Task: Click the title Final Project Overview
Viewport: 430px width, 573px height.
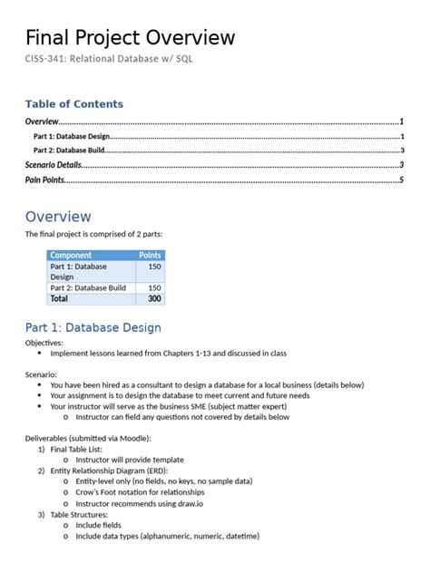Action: [130, 37]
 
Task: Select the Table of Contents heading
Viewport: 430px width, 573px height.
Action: [74, 104]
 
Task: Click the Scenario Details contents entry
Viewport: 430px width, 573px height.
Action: [54, 165]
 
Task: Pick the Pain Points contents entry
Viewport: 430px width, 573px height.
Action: [44, 180]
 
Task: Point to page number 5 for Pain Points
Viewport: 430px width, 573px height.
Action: [401, 180]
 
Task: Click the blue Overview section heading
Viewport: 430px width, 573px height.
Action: [58, 217]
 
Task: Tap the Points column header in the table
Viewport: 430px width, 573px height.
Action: [150, 256]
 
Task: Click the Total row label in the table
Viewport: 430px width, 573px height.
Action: [59, 298]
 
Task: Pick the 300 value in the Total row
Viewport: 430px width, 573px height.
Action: [153, 298]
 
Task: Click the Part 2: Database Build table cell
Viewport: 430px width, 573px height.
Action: [88, 287]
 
